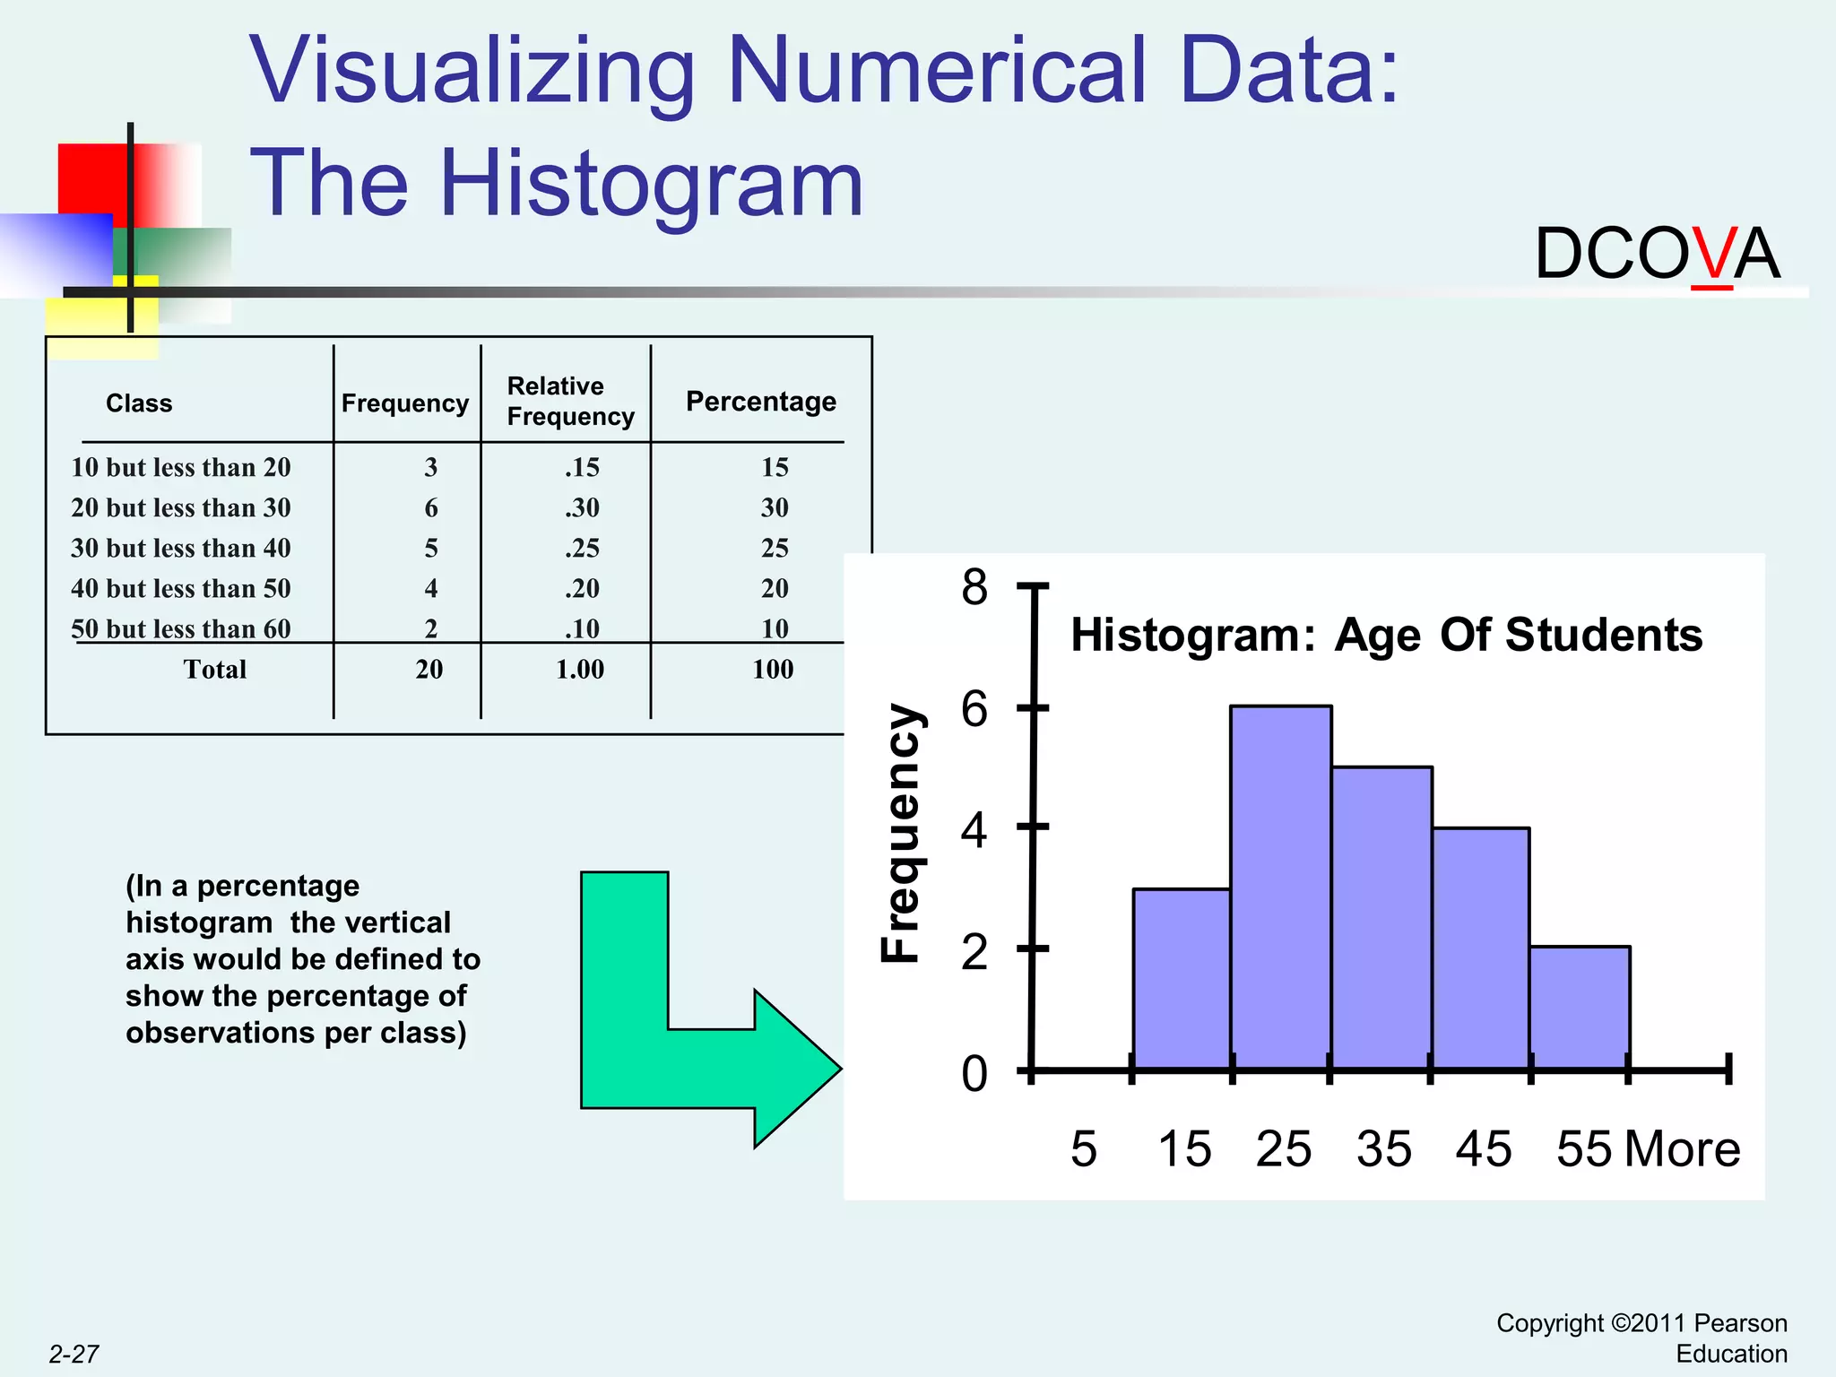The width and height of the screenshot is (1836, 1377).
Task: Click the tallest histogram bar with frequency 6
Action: (x=1280, y=888)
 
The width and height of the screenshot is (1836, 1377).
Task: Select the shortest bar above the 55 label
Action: (x=1580, y=1008)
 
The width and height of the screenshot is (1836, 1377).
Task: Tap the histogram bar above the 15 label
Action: (x=1182, y=979)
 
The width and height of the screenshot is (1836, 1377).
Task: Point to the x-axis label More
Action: (x=1682, y=1149)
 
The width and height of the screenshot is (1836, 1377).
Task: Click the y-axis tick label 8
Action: (x=974, y=588)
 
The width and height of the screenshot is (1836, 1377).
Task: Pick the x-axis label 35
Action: (x=1383, y=1149)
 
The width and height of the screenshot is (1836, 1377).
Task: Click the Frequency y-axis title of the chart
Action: (x=900, y=834)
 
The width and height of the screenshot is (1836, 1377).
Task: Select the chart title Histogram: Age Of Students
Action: (x=1386, y=635)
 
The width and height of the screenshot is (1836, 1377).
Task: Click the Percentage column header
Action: (x=760, y=402)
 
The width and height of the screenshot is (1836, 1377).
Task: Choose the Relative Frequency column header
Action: (x=570, y=402)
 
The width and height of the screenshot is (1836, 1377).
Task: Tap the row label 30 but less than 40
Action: (x=181, y=548)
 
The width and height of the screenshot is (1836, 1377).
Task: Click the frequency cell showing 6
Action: (x=431, y=508)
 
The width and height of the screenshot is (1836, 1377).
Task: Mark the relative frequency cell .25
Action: (x=582, y=548)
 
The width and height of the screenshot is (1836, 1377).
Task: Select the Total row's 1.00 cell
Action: (x=580, y=670)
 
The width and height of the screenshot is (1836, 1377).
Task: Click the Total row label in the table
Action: (x=214, y=670)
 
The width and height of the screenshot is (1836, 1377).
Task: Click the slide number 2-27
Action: (x=74, y=1354)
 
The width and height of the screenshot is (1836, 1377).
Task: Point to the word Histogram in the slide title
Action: (x=651, y=183)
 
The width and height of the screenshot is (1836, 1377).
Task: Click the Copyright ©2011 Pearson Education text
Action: (x=1642, y=1338)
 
